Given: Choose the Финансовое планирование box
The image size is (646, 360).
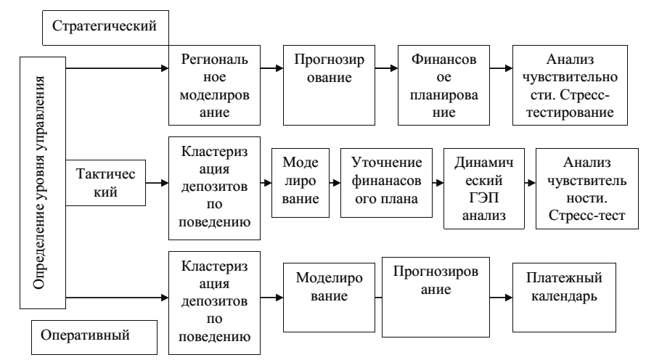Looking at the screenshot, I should [442, 86].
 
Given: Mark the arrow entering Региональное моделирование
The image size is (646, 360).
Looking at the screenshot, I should [116, 70].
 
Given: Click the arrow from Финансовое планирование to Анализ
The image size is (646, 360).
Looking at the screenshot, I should [499, 70].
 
